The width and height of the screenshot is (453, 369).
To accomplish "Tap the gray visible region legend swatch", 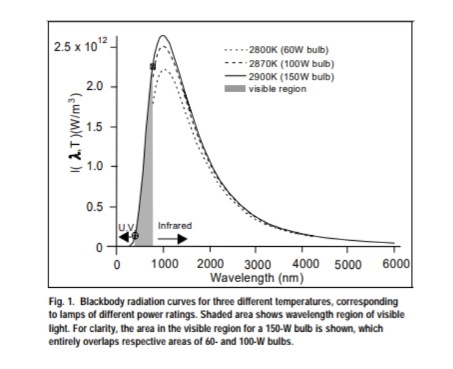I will click(236, 89).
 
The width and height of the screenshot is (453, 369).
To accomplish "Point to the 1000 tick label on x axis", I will click(163, 263).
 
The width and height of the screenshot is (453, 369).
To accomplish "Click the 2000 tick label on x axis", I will click(210, 263).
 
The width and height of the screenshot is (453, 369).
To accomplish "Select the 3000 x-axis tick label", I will click(258, 265).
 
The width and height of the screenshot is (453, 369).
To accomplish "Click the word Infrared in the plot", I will click(175, 226).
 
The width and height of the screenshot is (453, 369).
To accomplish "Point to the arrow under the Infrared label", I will click(174, 238).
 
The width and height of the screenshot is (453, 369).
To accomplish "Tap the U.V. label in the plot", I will click(125, 227).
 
